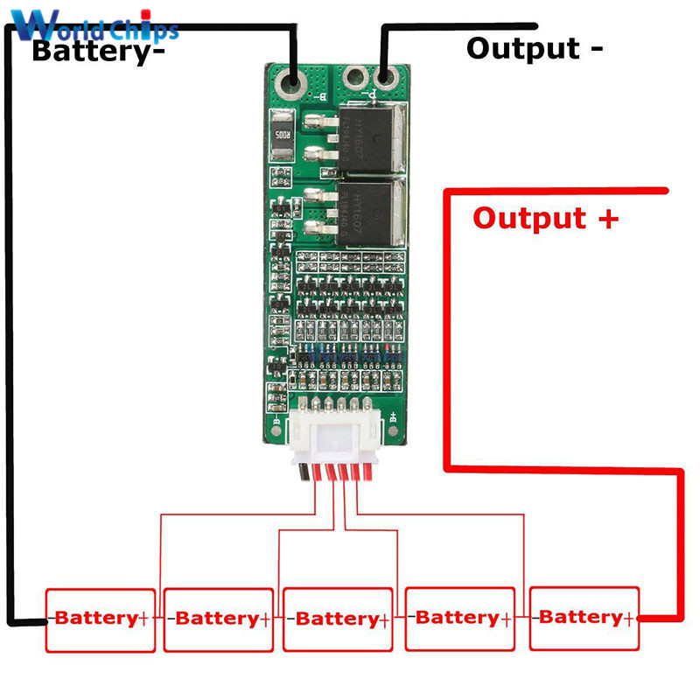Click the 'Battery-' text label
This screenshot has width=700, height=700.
(x=97, y=51)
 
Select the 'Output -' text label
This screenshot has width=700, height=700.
(x=534, y=47)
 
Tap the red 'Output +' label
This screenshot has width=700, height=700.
(x=545, y=217)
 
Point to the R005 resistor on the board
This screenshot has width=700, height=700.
(x=283, y=136)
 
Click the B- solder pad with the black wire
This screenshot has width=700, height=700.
(x=294, y=83)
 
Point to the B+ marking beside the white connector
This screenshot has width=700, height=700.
(x=395, y=417)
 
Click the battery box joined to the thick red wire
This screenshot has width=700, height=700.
(x=584, y=617)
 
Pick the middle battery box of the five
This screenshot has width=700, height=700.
(x=336, y=619)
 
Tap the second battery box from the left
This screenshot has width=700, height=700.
(x=218, y=619)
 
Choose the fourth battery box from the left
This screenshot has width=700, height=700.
(x=458, y=618)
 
